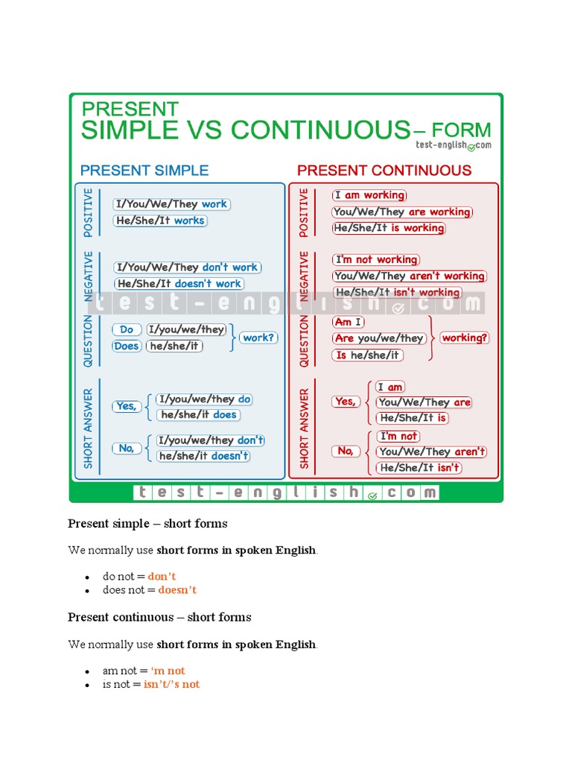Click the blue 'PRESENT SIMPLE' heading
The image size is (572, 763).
click(144, 170)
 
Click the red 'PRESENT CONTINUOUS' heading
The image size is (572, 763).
click(384, 170)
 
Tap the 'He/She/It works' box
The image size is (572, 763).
click(160, 221)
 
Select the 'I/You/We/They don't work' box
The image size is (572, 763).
click(187, 267)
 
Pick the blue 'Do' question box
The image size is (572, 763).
click(127, 329)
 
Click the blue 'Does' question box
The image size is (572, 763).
click(127, 346)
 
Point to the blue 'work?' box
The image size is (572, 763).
click(258, 338)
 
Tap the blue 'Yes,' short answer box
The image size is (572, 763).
click(127, 406)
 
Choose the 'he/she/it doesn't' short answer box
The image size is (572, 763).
click(203, 456)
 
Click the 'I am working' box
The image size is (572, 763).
click(369, 195)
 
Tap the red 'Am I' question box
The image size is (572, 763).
click(349, 322)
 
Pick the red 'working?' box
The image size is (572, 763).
click(465, 338)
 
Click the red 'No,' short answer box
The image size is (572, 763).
click(346, 451)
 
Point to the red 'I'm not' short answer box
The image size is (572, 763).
click(398, 436)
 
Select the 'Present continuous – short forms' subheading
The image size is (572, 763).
click(159, 617)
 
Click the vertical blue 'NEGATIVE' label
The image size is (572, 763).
click(89, 275)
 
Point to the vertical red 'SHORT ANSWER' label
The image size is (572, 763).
click(304, 428)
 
